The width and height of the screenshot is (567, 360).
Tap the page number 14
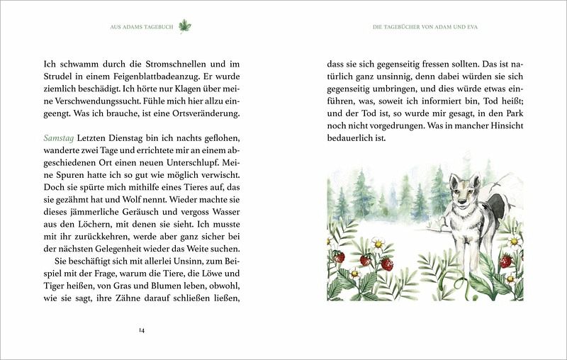pyautogui.click(x=142, y=329)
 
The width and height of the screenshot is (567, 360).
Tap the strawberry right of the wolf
pyautogui.click(x=507, y=261)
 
